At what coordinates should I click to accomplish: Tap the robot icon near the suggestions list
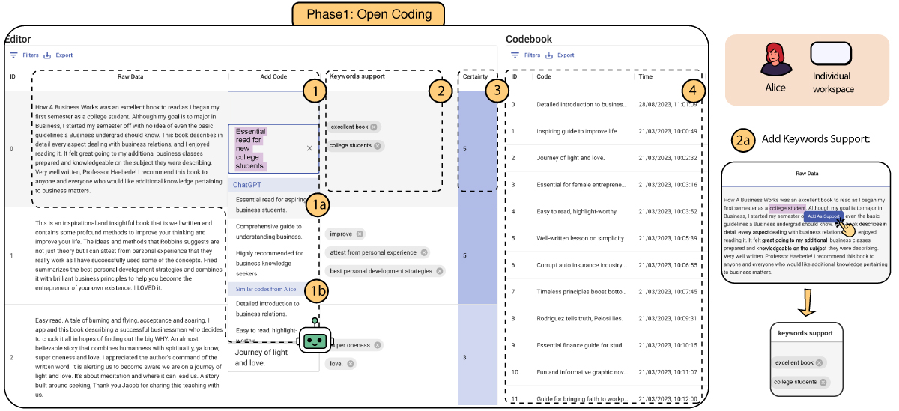coord(315,340)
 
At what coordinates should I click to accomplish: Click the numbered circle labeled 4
coord(694,90)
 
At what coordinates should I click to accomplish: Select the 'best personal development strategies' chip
coord(384,270)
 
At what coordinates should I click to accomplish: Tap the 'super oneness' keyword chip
coord(355,345)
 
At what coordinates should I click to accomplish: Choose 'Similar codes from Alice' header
coord(266,289)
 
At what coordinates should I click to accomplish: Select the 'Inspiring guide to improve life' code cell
coord(577,131)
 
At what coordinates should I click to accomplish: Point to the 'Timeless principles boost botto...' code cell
coord(581,291)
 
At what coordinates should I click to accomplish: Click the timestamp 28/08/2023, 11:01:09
coord(668,104)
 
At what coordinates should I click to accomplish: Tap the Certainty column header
coord(476,76)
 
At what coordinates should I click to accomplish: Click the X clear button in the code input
coord(309,148)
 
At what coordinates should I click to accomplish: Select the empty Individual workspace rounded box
coord(831,55)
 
